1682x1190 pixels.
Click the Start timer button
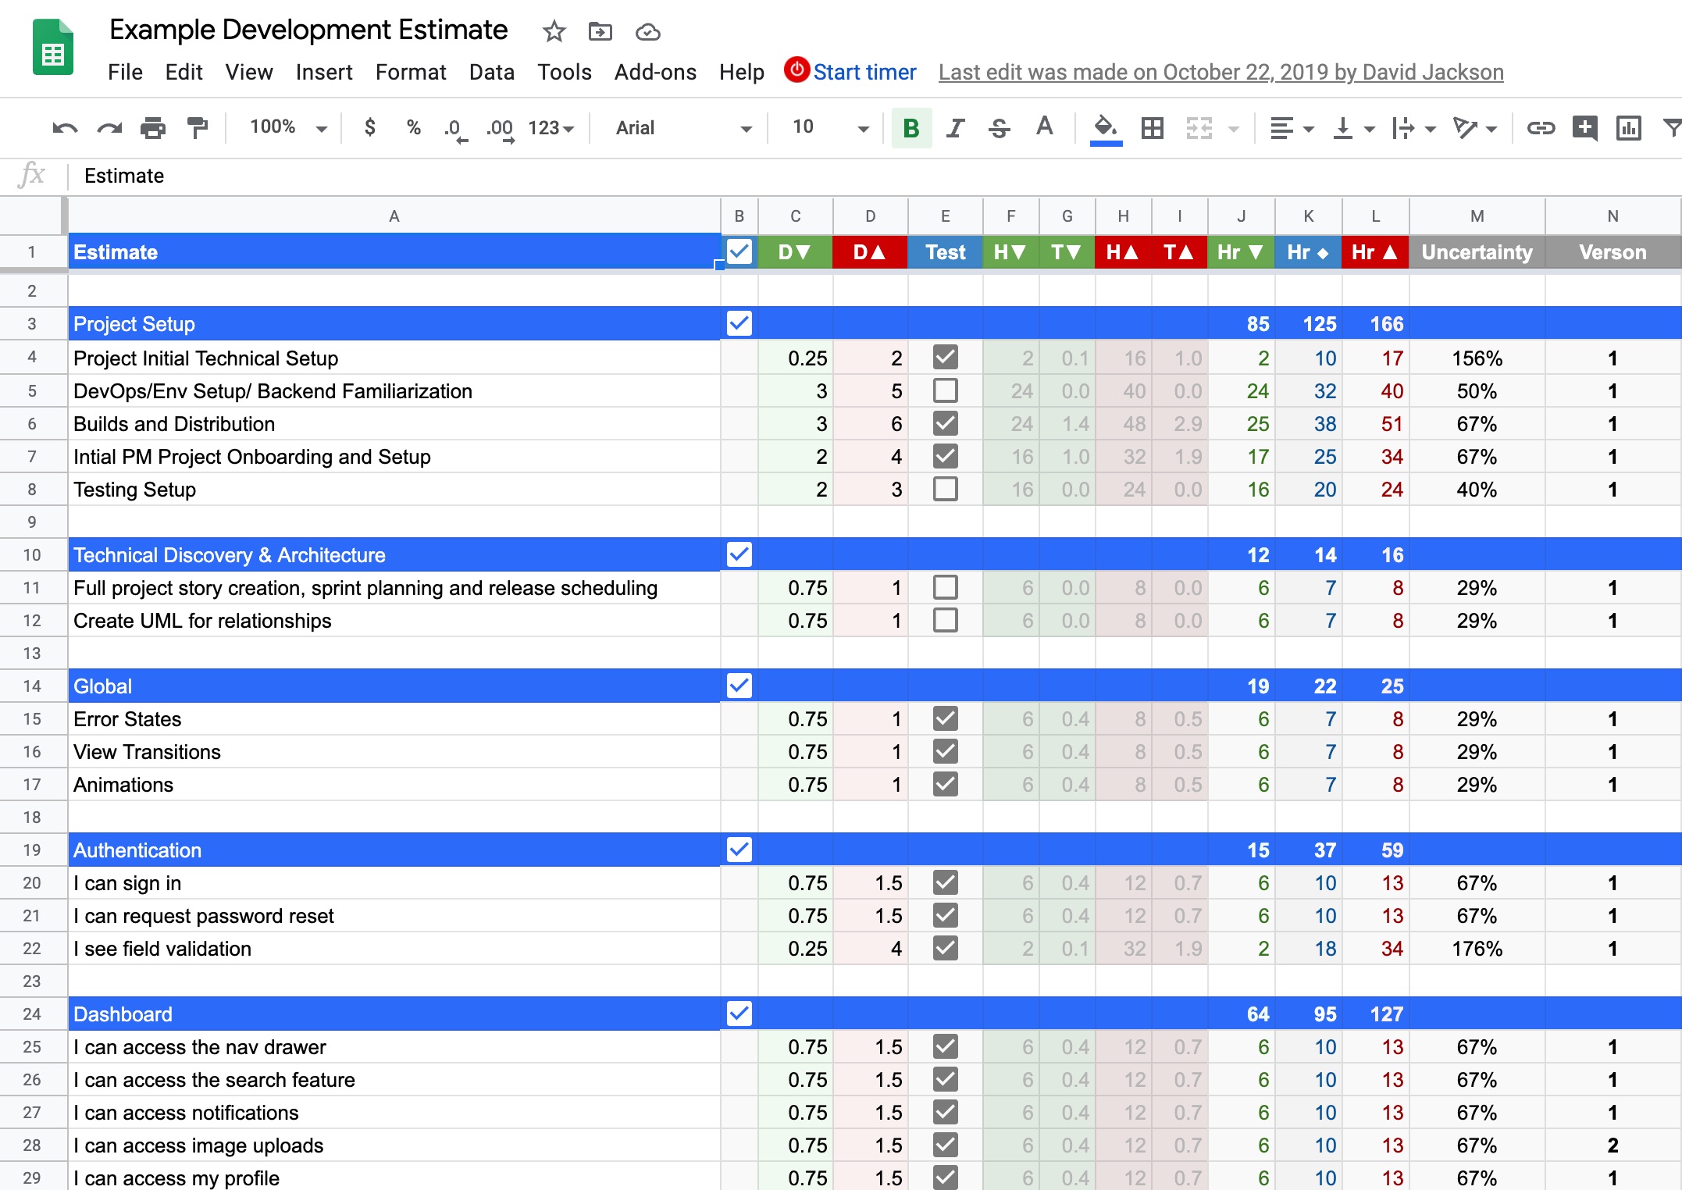(851, 72)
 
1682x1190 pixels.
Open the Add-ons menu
(654, 72)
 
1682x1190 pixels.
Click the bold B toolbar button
(910, 128)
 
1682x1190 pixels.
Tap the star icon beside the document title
(554, 32)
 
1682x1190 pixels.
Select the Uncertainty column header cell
(1476, 252)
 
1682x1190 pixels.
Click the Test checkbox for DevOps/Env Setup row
(945, 390)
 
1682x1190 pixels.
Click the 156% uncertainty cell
(1476, 358)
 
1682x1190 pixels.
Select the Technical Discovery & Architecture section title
(229, 555)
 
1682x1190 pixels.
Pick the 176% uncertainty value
(1476, 949)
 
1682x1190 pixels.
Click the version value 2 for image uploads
(1612, 1145)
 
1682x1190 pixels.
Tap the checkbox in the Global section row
(739, 686)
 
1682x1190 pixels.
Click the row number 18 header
(31, 818)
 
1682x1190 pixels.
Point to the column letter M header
(1477, 216)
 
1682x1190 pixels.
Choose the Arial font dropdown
(681, 128)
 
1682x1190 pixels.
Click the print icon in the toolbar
(153, 128)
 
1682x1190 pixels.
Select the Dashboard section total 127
(1386, 1014)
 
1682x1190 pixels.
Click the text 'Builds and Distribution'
(174, 424)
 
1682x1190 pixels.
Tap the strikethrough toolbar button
(999, 128)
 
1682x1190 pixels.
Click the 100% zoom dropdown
(287, 127)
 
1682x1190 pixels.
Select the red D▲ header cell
(869, 252)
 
